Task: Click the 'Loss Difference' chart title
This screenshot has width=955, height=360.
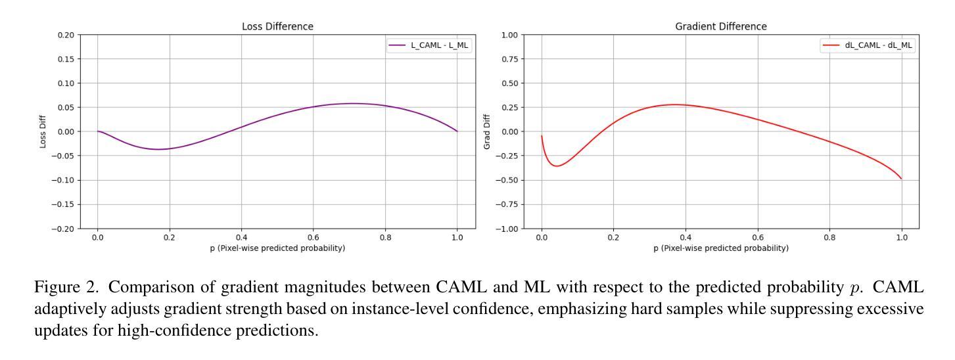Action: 277,26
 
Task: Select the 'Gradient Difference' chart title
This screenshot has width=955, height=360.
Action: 721,26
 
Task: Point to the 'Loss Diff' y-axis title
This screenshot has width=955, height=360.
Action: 43,131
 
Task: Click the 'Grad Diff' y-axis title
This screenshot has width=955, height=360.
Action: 488,131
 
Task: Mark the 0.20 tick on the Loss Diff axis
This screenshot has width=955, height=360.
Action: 65,35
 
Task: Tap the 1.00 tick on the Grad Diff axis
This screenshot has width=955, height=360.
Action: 509,35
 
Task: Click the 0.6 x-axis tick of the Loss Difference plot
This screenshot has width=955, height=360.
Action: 314,238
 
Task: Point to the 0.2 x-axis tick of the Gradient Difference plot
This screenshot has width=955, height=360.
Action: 613,238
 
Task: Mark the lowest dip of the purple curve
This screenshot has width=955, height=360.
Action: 158,149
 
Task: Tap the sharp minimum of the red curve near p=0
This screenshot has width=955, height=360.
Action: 557,166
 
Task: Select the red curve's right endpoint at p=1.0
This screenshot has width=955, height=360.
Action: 901,179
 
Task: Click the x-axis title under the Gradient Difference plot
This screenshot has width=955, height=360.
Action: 721,248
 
